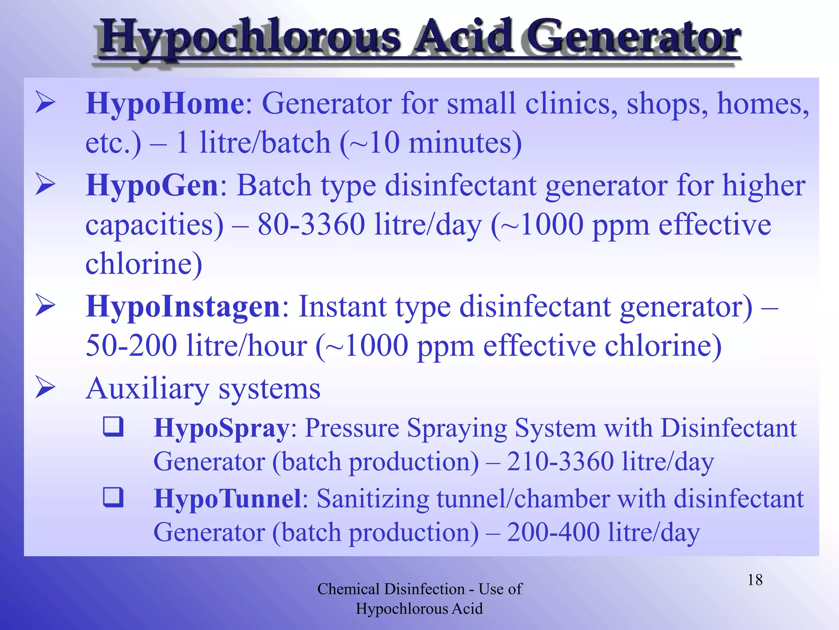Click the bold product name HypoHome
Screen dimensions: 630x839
click(165, 103)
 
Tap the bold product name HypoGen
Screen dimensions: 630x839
click(152, 185)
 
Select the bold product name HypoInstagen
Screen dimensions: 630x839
click(183, 307)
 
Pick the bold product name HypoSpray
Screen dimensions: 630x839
click(221, 428)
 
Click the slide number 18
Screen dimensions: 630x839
click(755, 580)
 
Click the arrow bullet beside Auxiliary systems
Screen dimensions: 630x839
click(45, 388)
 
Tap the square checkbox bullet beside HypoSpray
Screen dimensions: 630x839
click(113, 427)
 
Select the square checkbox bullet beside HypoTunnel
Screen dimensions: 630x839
click(113, 497)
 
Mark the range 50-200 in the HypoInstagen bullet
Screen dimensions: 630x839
click(131, 346)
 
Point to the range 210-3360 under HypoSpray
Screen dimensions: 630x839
click(560, 462)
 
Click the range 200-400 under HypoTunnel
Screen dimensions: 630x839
click(553, 532)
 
